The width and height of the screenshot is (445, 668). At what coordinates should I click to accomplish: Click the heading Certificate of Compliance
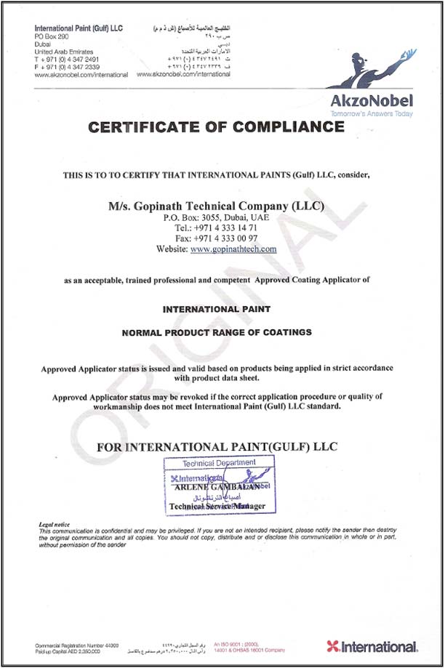(216, 128)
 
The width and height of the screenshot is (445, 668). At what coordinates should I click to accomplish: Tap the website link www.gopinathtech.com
(233, 249)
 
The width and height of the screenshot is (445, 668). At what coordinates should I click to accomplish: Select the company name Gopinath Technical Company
(216, 206)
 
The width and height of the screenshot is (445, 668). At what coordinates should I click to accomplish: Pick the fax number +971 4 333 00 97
(216, 238)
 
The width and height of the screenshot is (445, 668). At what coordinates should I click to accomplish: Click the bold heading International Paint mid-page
(216, 309)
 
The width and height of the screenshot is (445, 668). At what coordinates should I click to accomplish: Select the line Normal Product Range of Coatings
(216, 332)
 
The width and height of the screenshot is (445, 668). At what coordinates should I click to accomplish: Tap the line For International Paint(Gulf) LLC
(217, 446)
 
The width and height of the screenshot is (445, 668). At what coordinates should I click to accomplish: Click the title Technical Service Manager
(217, 506)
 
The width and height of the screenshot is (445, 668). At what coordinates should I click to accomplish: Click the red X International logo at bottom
(372, 646)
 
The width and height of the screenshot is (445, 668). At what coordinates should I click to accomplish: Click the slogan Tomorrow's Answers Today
(371, 114)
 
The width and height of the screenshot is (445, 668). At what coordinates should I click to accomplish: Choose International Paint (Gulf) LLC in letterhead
(79, 28)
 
